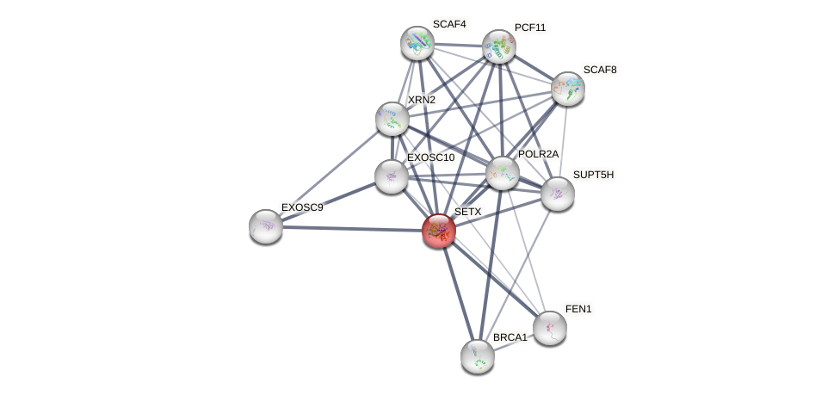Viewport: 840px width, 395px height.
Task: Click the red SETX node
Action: pos(439,230)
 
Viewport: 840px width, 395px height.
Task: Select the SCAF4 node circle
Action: pos(417,43)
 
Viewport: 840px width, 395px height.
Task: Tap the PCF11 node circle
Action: pos(498,46)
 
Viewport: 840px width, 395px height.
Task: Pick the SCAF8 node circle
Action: pos(568,88)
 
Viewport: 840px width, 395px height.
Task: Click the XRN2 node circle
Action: pos(392,119)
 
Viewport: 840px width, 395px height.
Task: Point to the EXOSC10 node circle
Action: pos(392,176)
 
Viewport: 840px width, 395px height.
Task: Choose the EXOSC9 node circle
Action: pos(266,226)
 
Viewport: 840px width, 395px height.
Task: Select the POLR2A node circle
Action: pos(503,173)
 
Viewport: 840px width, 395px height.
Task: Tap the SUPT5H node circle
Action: pos(558,194)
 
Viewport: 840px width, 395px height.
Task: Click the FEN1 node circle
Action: pos(550,327)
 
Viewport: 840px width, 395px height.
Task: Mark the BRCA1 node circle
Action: pos(478,355)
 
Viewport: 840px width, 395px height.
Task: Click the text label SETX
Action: pos(468,212)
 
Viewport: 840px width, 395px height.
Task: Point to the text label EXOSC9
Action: pos(302,207)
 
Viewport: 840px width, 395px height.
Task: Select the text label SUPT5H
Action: pos(594,175)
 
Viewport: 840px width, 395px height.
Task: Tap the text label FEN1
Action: pos(578,309)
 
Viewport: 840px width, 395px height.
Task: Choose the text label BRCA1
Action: pos(510,337)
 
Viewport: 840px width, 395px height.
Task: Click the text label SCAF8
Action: pos(600,70)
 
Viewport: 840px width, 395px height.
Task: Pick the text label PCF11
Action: pos(530,28)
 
